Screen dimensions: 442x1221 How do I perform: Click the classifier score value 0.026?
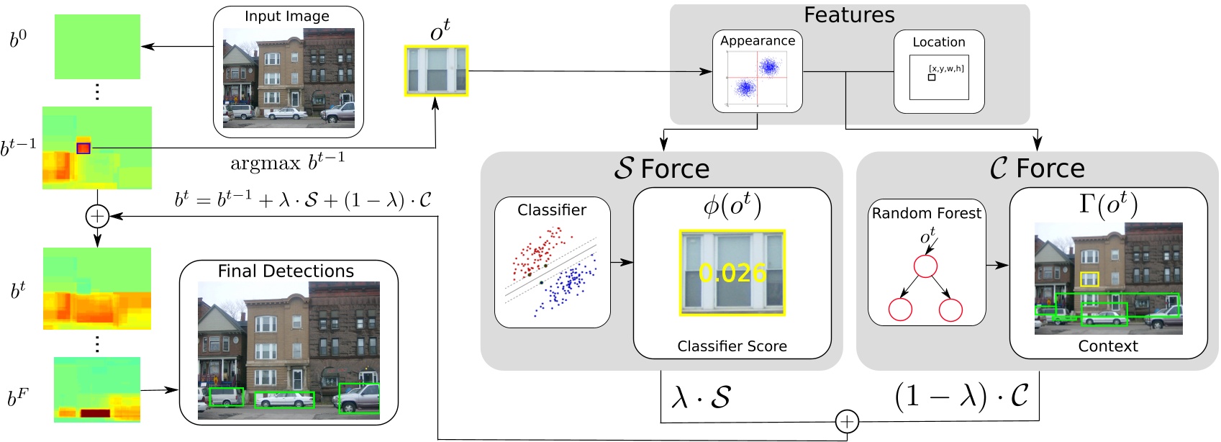coord(732,273)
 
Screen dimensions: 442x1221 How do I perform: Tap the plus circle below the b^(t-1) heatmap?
coord(97,215)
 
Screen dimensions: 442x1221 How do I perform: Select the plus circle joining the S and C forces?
coord(847,421)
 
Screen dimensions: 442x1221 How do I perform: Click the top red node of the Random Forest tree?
coord(925,266)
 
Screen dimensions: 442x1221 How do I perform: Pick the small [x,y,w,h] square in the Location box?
coord(932,77)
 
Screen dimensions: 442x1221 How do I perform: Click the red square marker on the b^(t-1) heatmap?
coord(83,148)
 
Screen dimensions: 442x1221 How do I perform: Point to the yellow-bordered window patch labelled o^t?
coord(436,71)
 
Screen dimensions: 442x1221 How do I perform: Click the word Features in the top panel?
coord(849,15)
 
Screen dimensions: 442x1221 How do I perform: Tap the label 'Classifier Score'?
coord(732,346)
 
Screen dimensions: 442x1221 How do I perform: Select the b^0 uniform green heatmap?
coord(97,47)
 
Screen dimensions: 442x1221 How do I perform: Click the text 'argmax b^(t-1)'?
coord(287,163)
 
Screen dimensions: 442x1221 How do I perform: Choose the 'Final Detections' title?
coord(286,271)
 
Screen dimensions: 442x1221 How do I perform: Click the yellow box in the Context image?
coord(1089,279)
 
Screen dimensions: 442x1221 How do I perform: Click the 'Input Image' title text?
coord(286,17)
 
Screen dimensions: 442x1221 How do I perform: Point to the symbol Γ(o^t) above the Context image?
coord(1108,205)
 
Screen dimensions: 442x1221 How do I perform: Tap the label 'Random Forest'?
coord(926,214)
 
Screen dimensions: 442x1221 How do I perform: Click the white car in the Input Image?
coord(286,113)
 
